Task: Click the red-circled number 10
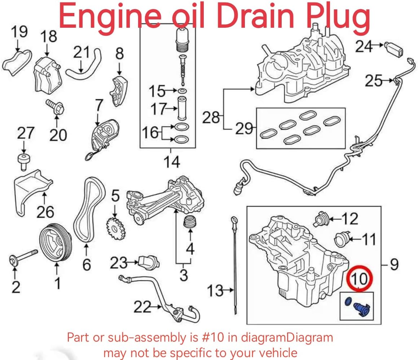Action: point(359,279)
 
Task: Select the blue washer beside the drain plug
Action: point(348,302)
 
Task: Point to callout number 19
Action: point(19,32)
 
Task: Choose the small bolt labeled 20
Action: point(55,107)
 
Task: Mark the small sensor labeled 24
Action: point(393,49)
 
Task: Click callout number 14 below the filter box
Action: point(172,161)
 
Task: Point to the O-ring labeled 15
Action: point(182,91)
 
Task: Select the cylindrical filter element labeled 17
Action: point(182,108)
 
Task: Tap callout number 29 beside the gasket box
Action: point(244,128)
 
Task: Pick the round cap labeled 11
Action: point(342,239)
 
